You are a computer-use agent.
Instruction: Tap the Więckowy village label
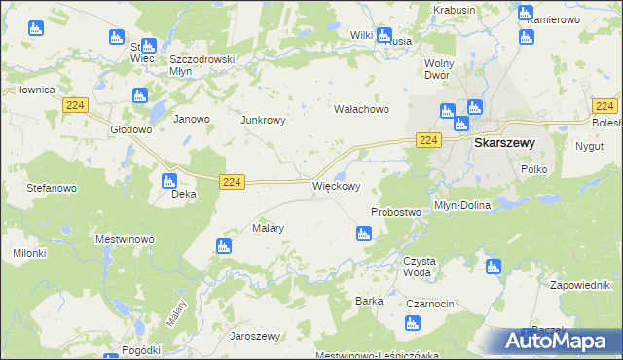(337, 186)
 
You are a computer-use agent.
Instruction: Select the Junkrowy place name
(263, 120)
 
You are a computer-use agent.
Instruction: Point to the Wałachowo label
(361, 109)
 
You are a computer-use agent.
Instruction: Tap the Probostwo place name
(395, 212)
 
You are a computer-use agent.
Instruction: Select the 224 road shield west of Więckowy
(231, 182)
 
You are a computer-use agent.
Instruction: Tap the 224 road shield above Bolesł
(605, 105)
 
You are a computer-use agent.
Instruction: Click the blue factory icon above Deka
(167, 180)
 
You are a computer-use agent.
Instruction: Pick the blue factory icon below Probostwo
(363, 233)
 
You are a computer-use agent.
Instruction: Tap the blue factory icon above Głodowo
(138, 95)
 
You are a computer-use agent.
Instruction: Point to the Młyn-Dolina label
(462, 205)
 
